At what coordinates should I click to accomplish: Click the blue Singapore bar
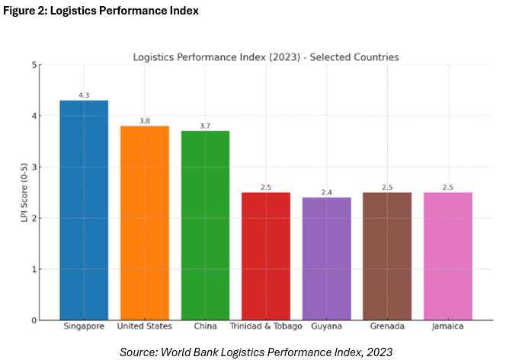pyautogui.click(x=84, y=210)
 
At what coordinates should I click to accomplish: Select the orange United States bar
pyautogui.click(x=144, y=223)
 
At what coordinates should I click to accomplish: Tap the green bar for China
pyautogui.click(x=205, y=225)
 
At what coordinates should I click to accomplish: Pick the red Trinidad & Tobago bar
pyautogui.click(x=265, y=256)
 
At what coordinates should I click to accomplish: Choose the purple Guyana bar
pyautogui.click(x=326, y=259)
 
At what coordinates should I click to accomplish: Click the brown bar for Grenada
pyautogui.click(x=386, y=256)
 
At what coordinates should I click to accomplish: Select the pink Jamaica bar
pyautogui.click(x=447, y=256)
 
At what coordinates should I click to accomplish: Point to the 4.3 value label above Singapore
pyautogui.click(x=84, y=95)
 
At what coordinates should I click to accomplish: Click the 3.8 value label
pyautogui.click(x=144, y=121)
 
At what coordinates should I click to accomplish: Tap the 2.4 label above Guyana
pyautogui.click(x=326, y=192)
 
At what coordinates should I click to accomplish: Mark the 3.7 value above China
pyautogui.click(x=205, y=126)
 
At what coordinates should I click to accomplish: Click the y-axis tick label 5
pyautogui.click(x=34, y=65)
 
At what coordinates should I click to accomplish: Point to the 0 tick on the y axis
pyautogui.click(x=34, y=320)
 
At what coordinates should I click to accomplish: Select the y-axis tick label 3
pyautogui.click(x=34, y=167)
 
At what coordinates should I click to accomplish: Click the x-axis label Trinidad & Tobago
pyautogui.click(x=265, y=327)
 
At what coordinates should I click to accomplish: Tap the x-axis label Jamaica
pyautogui.click(x=447, y=327)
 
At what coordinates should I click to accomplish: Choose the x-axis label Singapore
pyautogui.click(x=84, y=327)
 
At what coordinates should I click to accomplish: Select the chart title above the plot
pyautogui.click(x=265, y=56)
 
